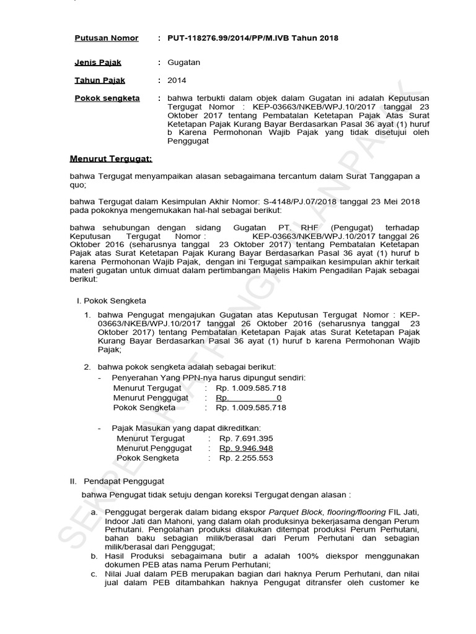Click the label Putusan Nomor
coord(106,38)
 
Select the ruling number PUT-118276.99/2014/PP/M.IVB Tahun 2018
coord(253,38)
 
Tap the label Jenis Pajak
coord(98,63)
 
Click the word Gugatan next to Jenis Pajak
coord(184,63)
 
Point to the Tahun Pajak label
coord(100,80)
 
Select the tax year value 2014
coord(177,80)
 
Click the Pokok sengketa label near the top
coord(107,98)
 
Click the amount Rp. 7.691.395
coord(246,438)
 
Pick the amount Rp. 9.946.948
coord(246,448)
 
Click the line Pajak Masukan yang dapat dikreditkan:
coord(186,428)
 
